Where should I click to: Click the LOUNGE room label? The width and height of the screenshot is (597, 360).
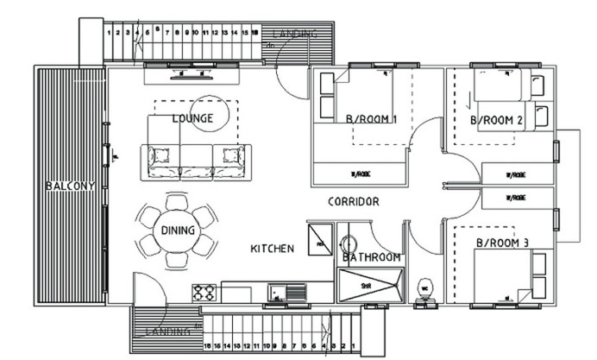click(192, 118)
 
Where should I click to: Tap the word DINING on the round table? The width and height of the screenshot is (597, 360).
click(179, 231)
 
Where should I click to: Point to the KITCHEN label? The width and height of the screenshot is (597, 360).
click(273, 249)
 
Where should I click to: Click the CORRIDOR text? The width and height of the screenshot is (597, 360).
click(354, 201)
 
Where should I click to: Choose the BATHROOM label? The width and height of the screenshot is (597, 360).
click(372, 257)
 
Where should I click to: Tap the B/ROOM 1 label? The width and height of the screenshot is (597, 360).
click(370, 119)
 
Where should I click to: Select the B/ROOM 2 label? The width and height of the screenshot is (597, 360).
click(497, 119)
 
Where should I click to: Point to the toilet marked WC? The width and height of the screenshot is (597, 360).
click(424, 287)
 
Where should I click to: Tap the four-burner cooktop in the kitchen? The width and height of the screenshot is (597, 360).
click(204, 292)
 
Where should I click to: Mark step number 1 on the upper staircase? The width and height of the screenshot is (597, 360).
click(108, 32)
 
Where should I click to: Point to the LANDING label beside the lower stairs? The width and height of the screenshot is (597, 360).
click(165, 332)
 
